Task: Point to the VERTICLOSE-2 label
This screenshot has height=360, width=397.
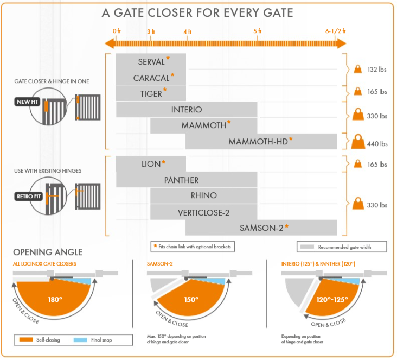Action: click(x=203, y=212)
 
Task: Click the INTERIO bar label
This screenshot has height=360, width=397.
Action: click(x=187, y=110)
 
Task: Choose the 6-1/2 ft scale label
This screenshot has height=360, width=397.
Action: click(x=335, y=31)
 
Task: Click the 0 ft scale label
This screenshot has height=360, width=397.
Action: click(x=116, y=31)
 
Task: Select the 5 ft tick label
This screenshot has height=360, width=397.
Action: click(x=257, y=31)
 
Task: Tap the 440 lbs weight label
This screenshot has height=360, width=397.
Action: click(x=376, y=144)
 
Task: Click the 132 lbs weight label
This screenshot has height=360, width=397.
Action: click(x=376, y=70)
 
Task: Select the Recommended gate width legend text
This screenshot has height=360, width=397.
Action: click(x=351, y=247)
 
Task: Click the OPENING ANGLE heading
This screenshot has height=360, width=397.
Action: click(x=48, y=252)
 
